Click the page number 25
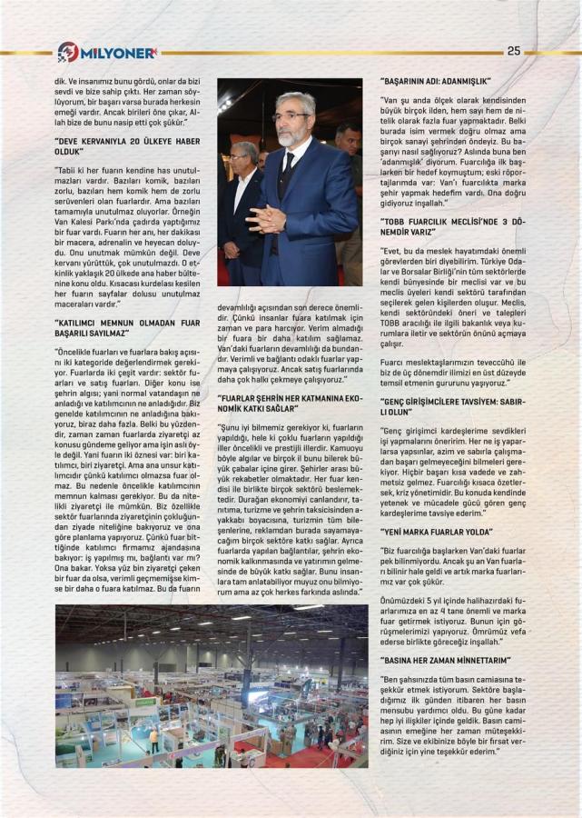pyautogui.click(x=513, y=50)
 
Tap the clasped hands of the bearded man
pyautogui.click(x=270, y=219)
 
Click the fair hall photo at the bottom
pyautogui.click(x=212, y=686)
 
